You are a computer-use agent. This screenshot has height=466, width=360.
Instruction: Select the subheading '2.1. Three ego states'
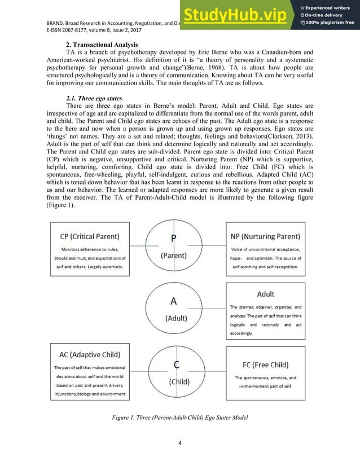pyautogui.click(x=94, y=98)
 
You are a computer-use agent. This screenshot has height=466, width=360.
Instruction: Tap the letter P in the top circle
pyautogui.click(x=174, y=238)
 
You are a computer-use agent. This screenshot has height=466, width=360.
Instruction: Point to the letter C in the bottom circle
pyautogui.click(x=177, y=365)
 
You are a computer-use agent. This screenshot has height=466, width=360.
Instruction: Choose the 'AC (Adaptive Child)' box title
pyautogui.click(x=90, y=354)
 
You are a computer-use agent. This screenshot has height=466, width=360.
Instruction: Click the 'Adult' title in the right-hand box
pyautogui.click(x=266, y=294)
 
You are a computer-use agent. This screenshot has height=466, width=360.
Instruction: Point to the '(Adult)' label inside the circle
pyautogui.click(x=177, y=318)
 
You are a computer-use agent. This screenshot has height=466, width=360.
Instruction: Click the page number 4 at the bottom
pyautogui.click(x=179, y=442)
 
